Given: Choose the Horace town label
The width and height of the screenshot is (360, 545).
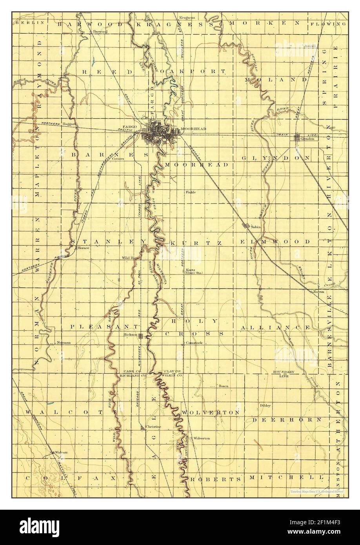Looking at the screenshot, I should point(84,248).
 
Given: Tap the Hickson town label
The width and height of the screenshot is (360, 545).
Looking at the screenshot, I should point(129,335).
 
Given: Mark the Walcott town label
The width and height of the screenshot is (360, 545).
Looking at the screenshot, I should point(61,452).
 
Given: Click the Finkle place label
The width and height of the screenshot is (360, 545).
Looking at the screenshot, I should point(191,192).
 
